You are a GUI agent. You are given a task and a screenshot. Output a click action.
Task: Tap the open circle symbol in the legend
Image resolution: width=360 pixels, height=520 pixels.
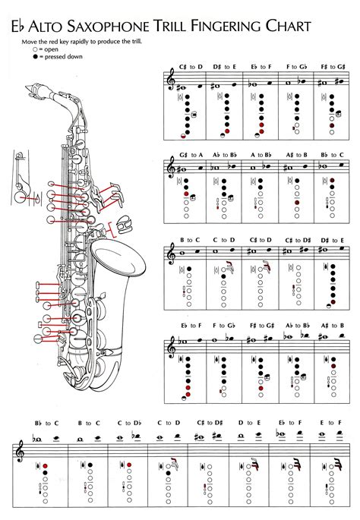pos(34,49)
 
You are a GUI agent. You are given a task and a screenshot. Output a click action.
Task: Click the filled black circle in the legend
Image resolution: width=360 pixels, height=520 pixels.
pos(34,55)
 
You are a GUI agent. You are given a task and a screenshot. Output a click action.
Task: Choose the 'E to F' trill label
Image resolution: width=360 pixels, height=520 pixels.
pos(331,423)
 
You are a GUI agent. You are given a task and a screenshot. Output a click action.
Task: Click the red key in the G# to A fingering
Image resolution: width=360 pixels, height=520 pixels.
pos(186,195)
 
